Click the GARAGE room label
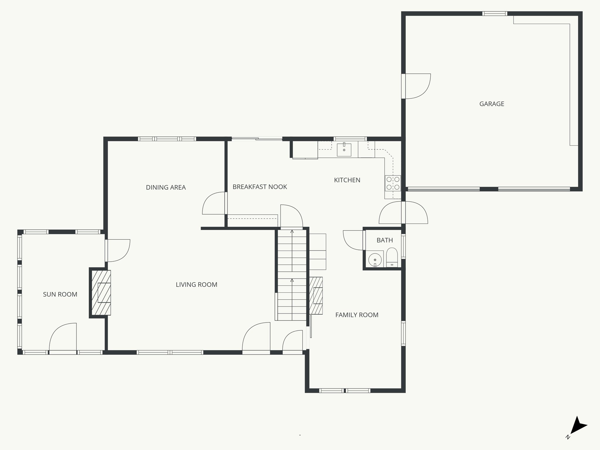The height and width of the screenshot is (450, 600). [x=492, y=104]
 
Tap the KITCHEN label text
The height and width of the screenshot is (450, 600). [x=347, y=180]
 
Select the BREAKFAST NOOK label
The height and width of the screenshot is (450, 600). [x=260, y=187]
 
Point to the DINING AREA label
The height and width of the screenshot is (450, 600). [x=166, y=187]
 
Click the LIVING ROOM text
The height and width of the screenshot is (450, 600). [x=196, y=284]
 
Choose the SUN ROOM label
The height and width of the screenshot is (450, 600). [x=60, y=294]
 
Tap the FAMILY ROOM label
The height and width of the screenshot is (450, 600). [x=357, y=315]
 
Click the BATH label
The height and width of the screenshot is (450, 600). [x=384, y=240]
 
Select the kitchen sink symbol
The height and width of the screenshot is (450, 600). [x=344, y=150]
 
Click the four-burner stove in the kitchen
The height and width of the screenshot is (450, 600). [x=393, y=183]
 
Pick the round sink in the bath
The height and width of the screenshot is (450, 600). [x=375, y=259]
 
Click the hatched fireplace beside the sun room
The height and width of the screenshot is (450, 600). [x=101, y=292]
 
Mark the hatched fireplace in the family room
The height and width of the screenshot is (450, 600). [x=316, y=295]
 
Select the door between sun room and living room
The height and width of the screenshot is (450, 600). [x=117, y=250]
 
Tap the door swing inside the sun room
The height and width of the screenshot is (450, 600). [x=63, y=337]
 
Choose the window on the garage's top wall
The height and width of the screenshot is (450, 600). [x=495, y=13]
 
